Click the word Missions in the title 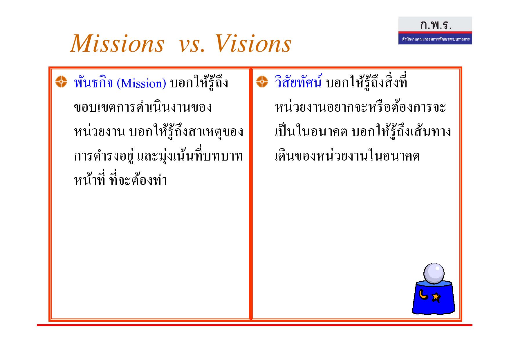click(x=117, y=44)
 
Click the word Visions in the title click(x=253, y=44)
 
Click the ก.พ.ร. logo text click(x=436, y=25)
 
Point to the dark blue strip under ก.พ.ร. click(x=435, y=39)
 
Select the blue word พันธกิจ click(x=93, y=82)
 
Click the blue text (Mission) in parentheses click(x=141, y=84)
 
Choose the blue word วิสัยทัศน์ click(x=298, y=82)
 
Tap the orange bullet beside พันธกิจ click(x=61, y=82)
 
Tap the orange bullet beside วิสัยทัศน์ click(x=262, y=82)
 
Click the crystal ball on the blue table click(x=434, y=273)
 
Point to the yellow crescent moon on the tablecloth click(x=423, y=294)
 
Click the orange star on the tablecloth click(x=436, y=297)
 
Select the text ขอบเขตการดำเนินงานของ click(x=143, y=107)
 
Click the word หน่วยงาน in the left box click(x=100, y=131)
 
